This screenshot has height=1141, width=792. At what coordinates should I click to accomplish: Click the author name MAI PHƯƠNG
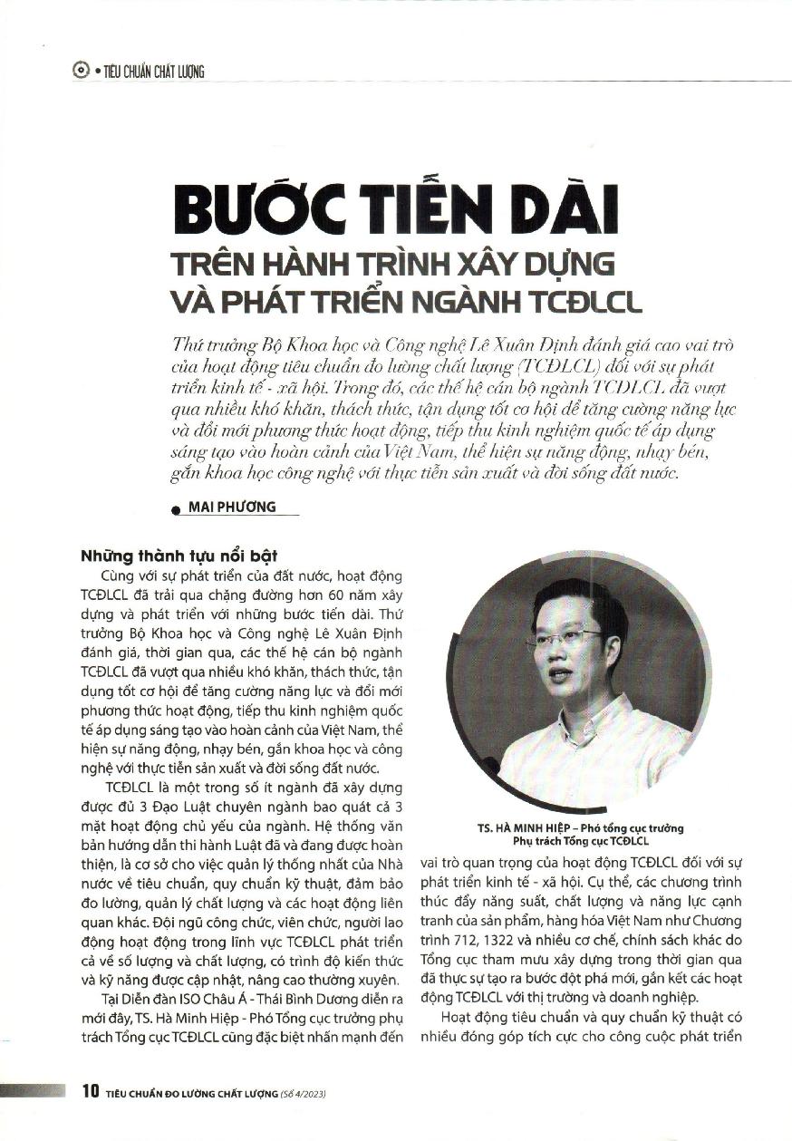[x=232, y=507]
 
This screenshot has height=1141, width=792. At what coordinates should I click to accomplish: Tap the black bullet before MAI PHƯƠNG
[x=175, y=509]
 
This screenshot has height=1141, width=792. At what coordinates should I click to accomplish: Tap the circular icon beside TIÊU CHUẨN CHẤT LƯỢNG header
[x=80, y=71]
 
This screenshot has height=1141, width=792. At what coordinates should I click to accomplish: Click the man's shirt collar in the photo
[x=580, y=716]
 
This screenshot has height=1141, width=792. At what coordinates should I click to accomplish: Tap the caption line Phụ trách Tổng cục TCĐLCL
[x=580, y=841]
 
